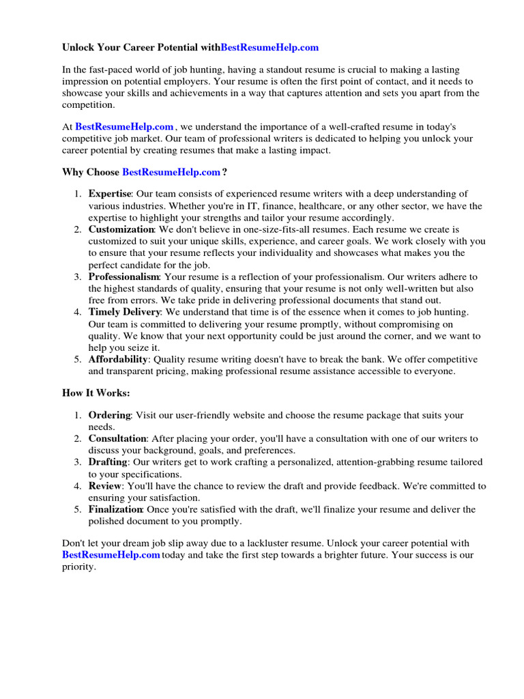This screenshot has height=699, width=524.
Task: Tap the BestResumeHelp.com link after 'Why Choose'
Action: pos(171,173)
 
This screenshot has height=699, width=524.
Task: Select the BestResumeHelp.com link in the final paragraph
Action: pos(111,555)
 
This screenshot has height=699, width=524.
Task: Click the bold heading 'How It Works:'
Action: pos(96,394)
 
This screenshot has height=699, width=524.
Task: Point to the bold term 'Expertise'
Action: pos(109,195)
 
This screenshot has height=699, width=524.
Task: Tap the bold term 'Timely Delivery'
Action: pos(124,312)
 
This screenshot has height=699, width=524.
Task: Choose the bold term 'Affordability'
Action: pos(118,359)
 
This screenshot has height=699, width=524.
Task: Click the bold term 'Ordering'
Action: pos(109,415)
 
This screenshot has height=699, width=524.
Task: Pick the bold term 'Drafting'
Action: pos(108,462)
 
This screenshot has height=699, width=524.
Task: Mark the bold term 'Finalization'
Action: pos(115,509)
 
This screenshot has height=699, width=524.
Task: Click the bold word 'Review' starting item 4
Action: pos(105,486)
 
